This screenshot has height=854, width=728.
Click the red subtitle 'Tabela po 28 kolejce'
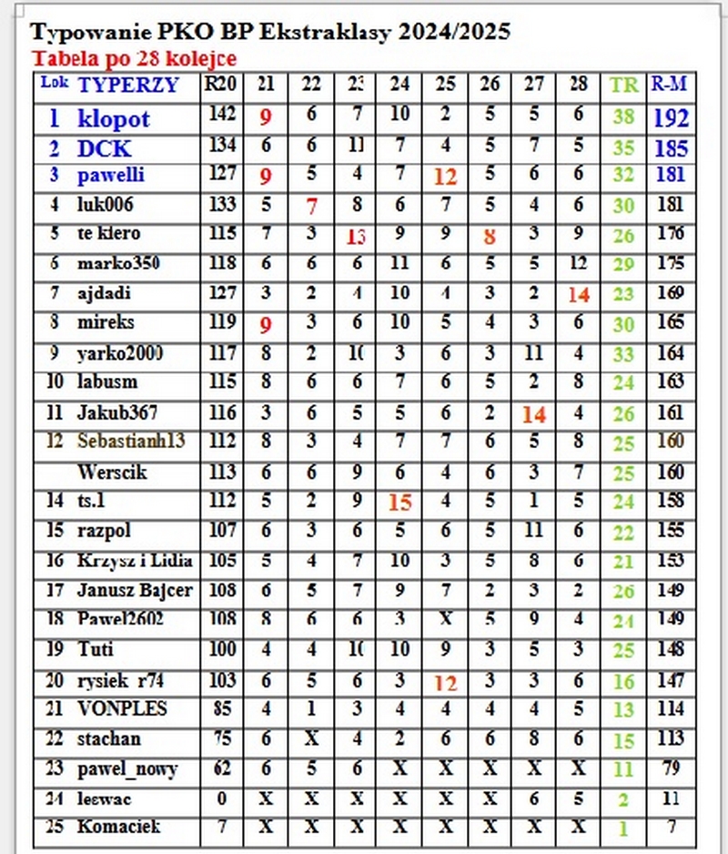click(134, 59)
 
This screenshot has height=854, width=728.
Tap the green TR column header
click(623, 86)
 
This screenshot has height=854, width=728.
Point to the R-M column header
click(669, 85)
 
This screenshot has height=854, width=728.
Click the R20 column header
click(221, 85)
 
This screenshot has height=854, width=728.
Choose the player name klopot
click(114, 118)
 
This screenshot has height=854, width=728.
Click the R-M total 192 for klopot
click(671, 118)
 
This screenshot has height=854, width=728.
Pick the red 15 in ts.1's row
click(399, 502)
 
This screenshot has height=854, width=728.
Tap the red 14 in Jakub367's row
click(533, 414)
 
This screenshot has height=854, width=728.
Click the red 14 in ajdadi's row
click(578, 294)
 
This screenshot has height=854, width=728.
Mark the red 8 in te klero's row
click(490, 237)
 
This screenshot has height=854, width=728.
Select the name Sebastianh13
click(131, 442)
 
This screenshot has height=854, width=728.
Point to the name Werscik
click(112, 473)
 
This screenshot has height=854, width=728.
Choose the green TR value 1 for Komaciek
click(623, 829)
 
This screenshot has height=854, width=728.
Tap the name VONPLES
click(110, 708)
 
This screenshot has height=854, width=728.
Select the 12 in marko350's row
click(578, 264)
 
